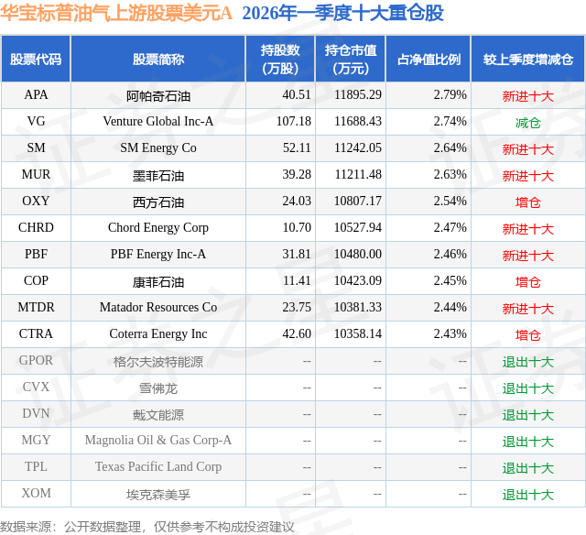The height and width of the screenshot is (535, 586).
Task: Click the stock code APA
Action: click(36, 95)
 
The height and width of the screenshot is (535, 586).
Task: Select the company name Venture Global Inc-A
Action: click(157, 122)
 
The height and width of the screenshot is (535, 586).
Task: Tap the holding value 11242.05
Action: click(358, 148)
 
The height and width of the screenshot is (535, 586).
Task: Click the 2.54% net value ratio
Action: click(450, 202)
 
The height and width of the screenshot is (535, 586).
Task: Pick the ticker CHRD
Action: click(36, 228)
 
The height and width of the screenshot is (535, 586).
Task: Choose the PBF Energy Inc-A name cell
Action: click(157, 255)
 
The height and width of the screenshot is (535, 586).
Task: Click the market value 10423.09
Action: click(358, 281)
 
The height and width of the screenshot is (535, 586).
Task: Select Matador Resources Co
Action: click(157, 308)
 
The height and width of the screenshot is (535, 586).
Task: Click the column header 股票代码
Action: click(36, 60)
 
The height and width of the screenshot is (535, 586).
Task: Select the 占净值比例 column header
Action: click(429, 60)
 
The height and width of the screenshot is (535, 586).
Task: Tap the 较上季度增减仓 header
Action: click(527, 60)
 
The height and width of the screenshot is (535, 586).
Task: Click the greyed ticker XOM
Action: click(36, 494)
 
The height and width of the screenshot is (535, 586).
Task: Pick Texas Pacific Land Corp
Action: click(157, 467)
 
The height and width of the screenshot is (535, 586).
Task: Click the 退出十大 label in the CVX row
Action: click(527, 388)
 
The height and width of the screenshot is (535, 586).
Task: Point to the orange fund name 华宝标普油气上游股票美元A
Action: click(116, 13)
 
